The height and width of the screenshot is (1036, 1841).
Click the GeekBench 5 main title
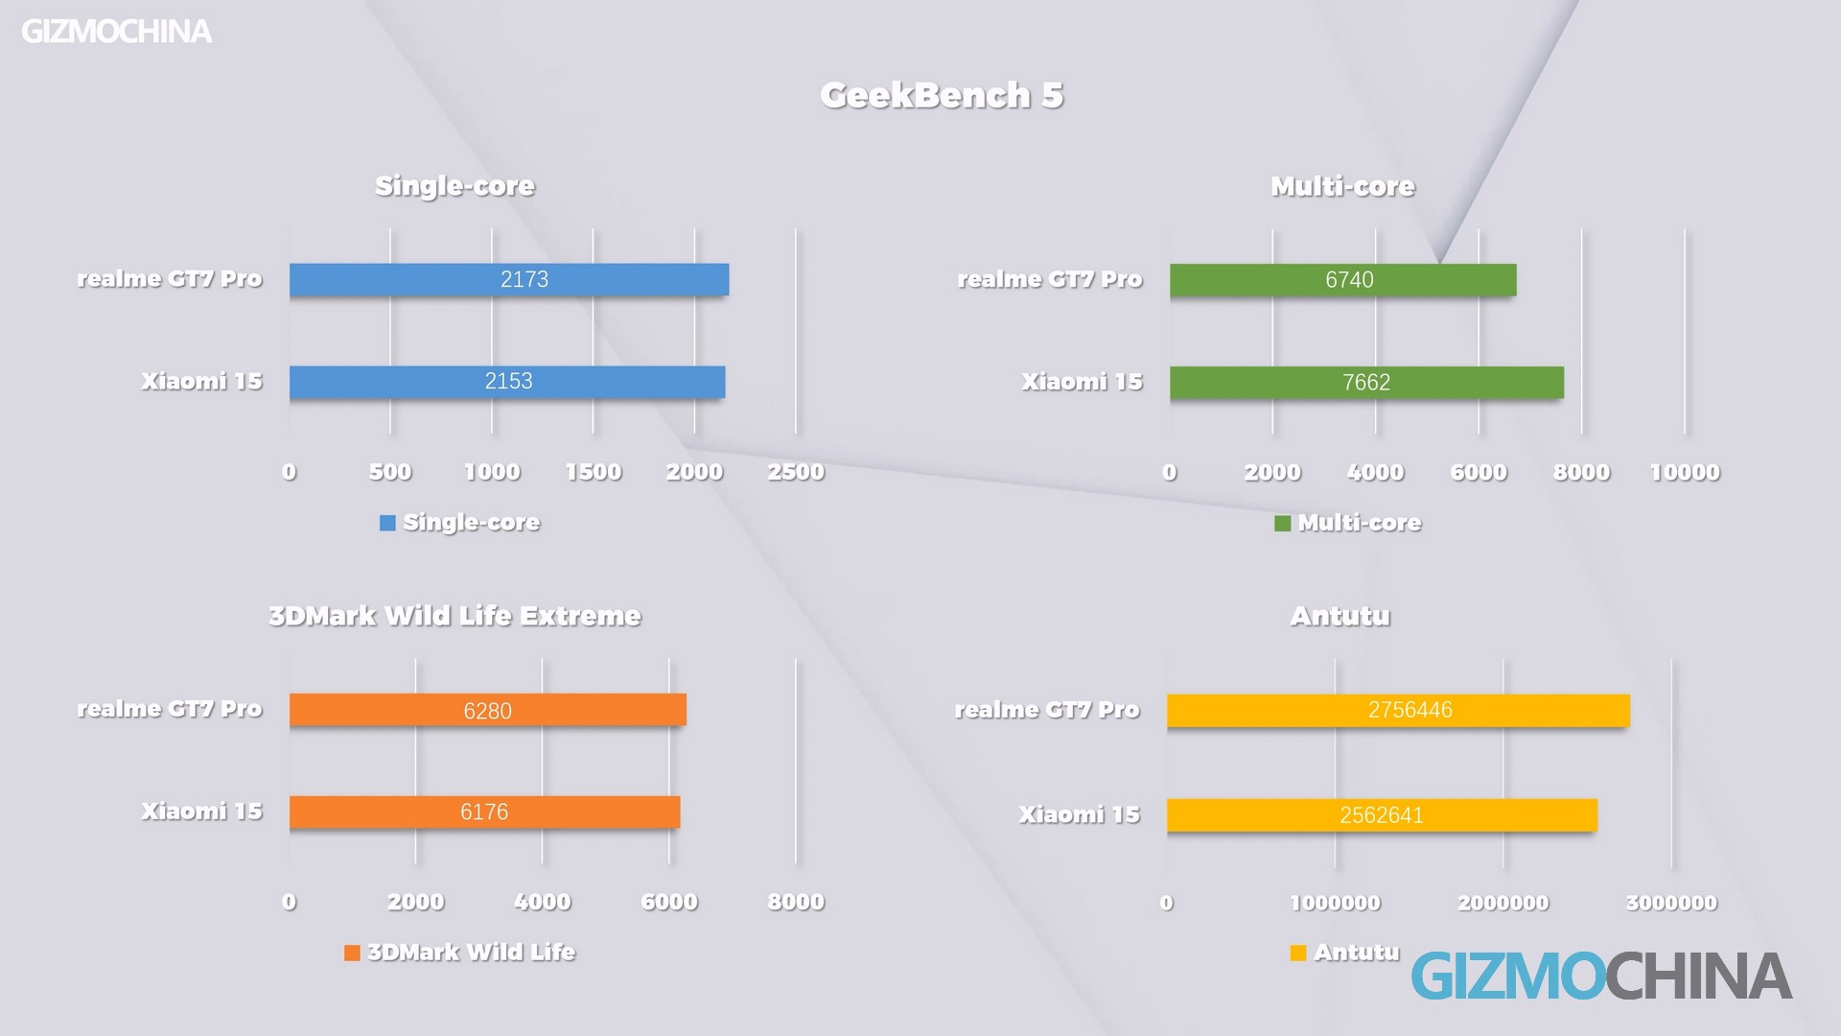[942, 95]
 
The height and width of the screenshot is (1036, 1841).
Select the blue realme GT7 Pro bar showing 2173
[509, 279]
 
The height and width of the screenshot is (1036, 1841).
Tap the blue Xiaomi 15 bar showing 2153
[507, 382]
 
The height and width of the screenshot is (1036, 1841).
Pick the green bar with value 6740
[1342, 280]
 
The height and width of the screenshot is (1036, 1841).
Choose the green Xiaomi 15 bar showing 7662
[1366, 383]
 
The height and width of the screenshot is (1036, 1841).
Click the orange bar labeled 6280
[487, 710]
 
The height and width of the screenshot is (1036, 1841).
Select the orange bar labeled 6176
[484, 812]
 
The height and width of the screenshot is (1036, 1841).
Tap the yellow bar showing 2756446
[1398, 711]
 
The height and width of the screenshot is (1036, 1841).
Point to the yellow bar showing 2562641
[1382, 815]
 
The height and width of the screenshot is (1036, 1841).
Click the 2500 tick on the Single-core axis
[796, 472]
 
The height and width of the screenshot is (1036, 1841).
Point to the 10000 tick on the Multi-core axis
[1685, 472]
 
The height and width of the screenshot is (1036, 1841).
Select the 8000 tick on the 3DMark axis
[796, 902]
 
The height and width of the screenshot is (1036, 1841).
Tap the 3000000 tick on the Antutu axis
[1671, 903]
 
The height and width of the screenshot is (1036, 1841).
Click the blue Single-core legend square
[387, 523]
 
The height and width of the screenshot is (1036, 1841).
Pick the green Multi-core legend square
[1282, 524]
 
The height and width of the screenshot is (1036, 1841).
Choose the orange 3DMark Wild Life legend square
[352, 953]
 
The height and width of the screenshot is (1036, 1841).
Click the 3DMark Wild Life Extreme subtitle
[454, 616]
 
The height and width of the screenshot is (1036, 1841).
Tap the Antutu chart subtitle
[1340, 616]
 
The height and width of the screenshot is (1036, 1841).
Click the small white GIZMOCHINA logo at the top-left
[116, 32]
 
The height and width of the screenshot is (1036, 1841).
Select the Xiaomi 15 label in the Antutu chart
[1079, 814]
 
